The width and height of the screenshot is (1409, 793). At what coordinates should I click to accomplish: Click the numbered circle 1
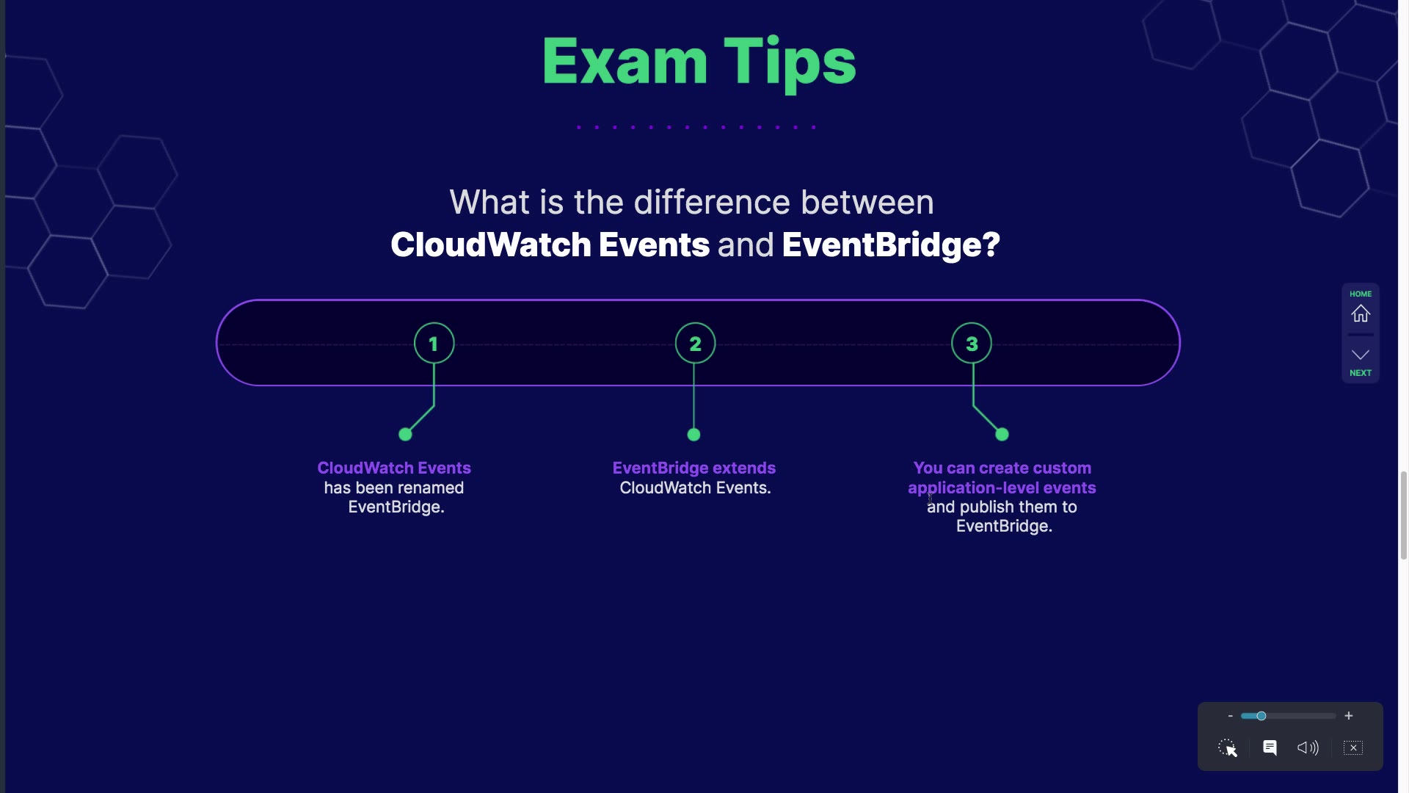click(x=434, y=343)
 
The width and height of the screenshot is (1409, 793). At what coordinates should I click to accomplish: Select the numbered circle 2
click(x=695, y=343)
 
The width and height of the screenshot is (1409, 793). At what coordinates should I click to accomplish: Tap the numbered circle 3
click(x=972, y=343)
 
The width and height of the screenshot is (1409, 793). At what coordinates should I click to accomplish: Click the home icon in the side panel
click(x=1361, y=314)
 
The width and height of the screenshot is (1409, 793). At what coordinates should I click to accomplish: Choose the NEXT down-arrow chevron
click(x=1361, y=355)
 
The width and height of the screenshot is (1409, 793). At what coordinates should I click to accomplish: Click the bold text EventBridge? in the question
click(x=891, y=245)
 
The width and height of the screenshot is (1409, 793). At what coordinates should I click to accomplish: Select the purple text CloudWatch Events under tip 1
click(x=394, y=468)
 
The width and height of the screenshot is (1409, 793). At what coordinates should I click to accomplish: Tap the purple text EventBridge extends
click(x=693, y=468)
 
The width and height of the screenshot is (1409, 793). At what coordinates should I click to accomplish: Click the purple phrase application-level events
click(x=1002, y=488)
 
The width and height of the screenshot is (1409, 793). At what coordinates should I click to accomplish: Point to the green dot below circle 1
click(x=405, y=435)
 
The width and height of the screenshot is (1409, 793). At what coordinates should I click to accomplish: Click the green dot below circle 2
click(x=693, y=435)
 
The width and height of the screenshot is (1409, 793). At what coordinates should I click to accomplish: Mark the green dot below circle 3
click(x=1002, y=435)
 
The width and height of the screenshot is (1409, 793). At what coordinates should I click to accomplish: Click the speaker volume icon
click(x=1308, y=747)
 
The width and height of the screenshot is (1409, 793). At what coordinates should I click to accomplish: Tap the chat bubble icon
click(x=1270, y=747)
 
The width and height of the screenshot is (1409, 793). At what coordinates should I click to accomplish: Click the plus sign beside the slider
click(x=1349, y=716)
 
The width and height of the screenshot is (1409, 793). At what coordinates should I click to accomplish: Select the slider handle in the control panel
click(x=1261, y=716)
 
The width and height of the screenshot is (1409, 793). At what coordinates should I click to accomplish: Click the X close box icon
click(x=1353, y=747)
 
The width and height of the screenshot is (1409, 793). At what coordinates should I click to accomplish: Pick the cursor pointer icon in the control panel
click(x=1228, y=748)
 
